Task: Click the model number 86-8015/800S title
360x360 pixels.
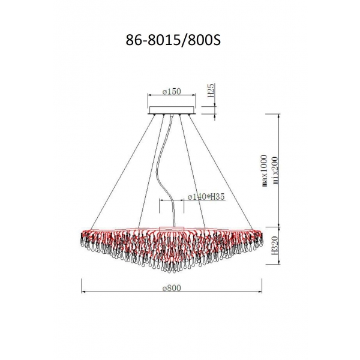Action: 173,41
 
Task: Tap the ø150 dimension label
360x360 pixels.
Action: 172,92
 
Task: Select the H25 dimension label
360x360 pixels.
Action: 211,90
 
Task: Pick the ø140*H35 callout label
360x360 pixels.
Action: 206,197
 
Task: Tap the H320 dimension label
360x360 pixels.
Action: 275,245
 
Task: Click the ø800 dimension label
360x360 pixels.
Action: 172,287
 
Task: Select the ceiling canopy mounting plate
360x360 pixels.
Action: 172,110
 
